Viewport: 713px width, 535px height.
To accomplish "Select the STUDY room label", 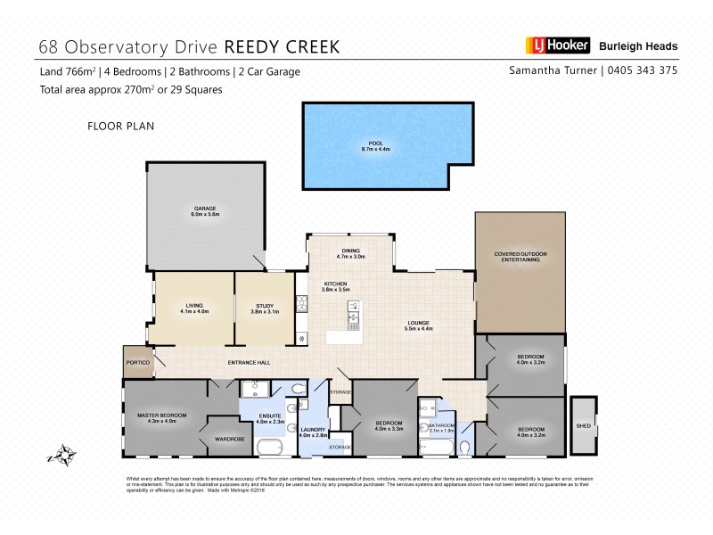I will pyautogui.click(x=264, y=306).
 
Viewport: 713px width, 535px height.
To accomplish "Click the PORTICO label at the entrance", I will pyautogui.click(x=136, y=363).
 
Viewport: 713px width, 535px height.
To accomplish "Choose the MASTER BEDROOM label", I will pyautogui.click(x=160, y=416).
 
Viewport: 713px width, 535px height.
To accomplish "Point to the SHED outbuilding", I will pyautogui.click(x=585, y=424).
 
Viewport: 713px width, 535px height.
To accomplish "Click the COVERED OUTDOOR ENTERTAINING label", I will pyautogui.click(x=520, y=259).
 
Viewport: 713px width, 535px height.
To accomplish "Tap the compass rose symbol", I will pyautogui.click(x=60, y=456).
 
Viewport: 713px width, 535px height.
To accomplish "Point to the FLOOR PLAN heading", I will pyautogui.click(x=121, y=126).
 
